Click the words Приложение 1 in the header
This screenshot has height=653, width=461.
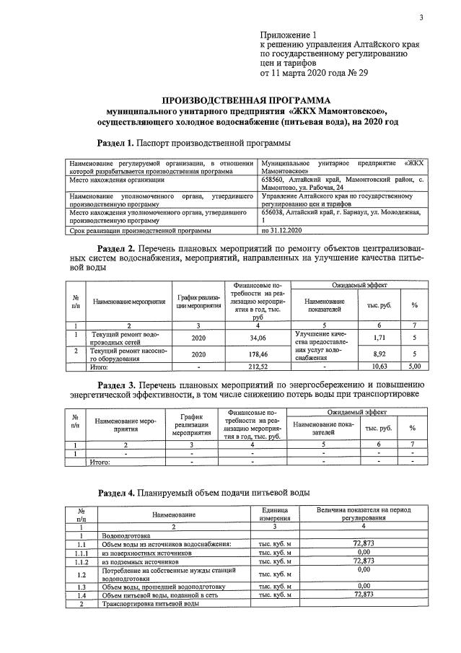(288, 35)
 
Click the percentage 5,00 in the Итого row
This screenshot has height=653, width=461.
(414, 367)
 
